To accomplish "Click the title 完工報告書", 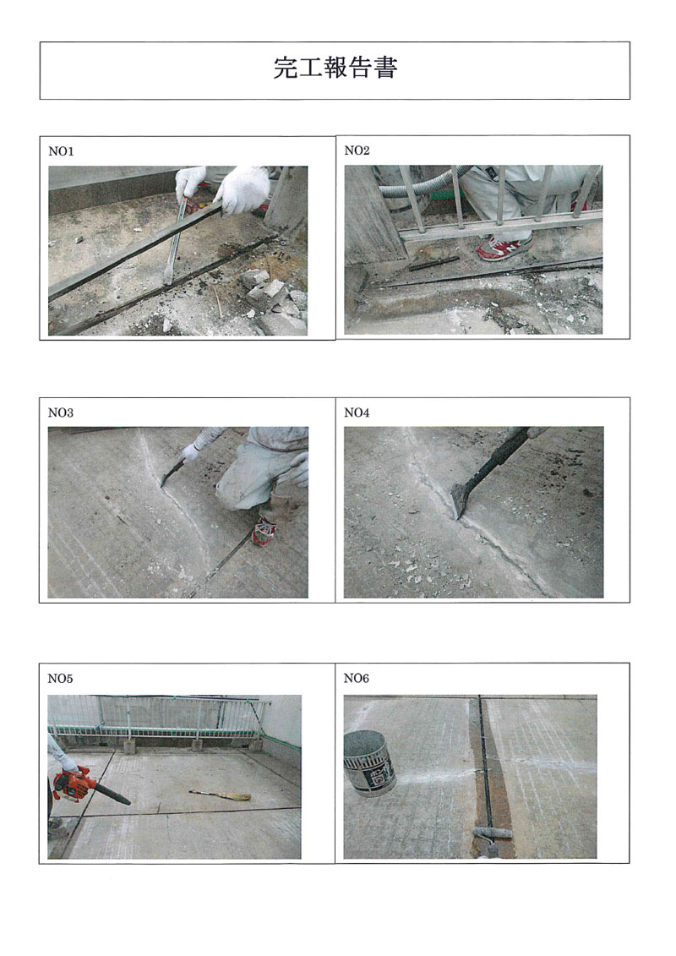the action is click(335, 68).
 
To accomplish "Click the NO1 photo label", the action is click(61, 152).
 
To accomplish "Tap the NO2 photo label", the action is click(357, 150).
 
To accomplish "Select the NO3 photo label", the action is click(60, 412).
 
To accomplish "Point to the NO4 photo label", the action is click(357, 412).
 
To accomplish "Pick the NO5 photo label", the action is click(60, 679).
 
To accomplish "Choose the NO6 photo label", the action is click(357, 679).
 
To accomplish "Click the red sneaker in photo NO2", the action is click(504, 248).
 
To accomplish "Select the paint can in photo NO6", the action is click(369, 764).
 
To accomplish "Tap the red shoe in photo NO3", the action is click(264, 531).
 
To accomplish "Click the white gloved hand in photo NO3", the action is click(191, 452).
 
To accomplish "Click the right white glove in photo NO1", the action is click(241, 189).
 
